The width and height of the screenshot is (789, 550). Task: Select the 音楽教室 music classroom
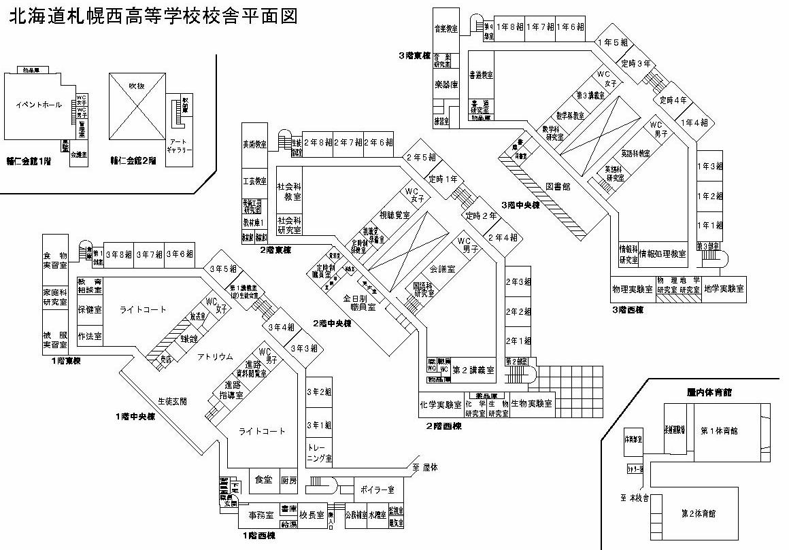pyautogui.click(x=446, y=29)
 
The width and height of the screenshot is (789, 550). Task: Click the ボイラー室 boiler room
pyautogui.click(x=378, y=489)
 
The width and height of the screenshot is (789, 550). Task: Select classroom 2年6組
pyautogui.click(x=378, y=143)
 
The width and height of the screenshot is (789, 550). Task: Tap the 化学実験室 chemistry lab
pyautogui.click(x=441, y=404)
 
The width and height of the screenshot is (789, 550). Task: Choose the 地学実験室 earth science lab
pyautogui.click(x=724, y=288)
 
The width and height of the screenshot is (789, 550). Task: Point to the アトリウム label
pyautogui.click(x=215, y=356)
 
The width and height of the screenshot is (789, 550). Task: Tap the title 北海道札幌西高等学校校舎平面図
pyautogui.click(x=153, y=16)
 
